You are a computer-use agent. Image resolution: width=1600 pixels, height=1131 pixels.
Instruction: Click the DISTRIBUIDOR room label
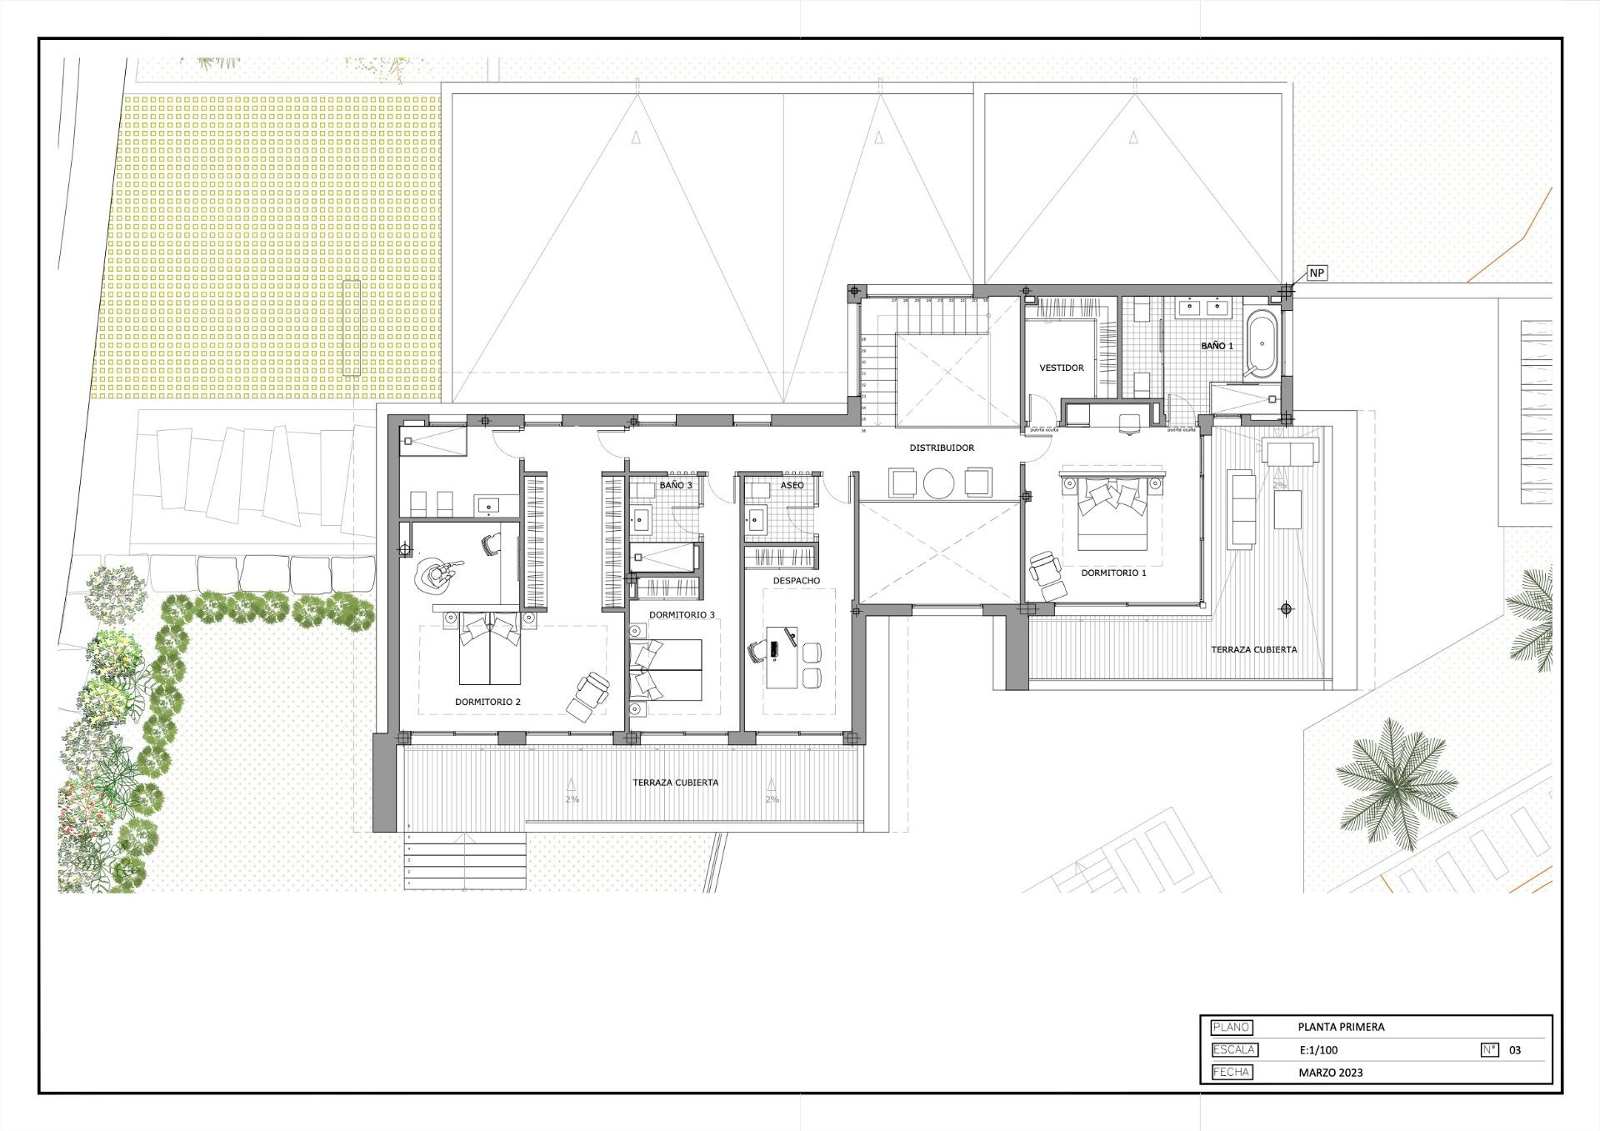tap(942, 448)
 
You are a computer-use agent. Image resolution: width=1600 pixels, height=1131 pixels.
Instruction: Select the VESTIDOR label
tap(1062, 368)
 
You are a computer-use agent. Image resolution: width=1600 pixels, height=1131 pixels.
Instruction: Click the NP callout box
tap(1316, 273)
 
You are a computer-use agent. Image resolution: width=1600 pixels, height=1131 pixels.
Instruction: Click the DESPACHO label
tap(796, 580)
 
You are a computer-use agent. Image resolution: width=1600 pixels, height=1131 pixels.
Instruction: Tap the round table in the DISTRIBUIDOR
tap(940, 483)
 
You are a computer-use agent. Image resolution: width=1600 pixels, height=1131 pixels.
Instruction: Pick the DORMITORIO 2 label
tap(487, 702)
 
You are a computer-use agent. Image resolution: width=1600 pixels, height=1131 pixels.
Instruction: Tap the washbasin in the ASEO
tap(757, 520)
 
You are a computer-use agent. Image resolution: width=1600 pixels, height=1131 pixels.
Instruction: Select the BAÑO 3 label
tap(676, 484)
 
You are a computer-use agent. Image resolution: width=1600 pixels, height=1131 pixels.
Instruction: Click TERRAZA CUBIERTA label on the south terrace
tap(675, 783)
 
